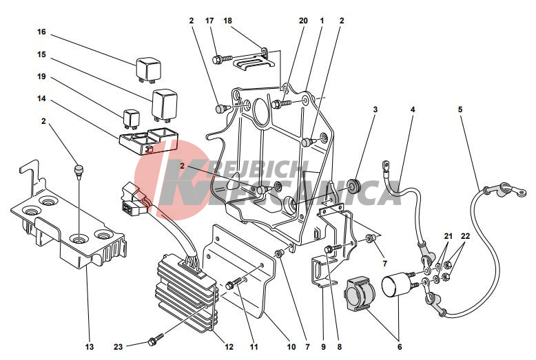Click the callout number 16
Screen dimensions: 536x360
[41, 32]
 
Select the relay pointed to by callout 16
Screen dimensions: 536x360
[149, 70]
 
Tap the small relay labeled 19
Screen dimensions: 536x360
[130, 119]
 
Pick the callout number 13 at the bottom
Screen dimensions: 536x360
[90, 347]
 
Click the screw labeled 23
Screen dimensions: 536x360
[153, 341]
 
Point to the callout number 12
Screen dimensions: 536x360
[229, 347]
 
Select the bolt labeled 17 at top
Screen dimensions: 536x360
[222, 59]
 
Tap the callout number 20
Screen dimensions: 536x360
[304, 21]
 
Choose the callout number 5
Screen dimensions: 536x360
[460, 109]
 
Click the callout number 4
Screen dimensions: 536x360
[413, 109]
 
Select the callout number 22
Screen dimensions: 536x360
[466, 236]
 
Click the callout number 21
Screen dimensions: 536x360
[449, 236]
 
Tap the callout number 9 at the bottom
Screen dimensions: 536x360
[323, 347]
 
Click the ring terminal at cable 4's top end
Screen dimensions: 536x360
[386, 166]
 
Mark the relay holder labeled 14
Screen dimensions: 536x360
[148, 140]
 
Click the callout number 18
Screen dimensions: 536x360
[227, 21]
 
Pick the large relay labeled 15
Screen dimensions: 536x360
[165, 105]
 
